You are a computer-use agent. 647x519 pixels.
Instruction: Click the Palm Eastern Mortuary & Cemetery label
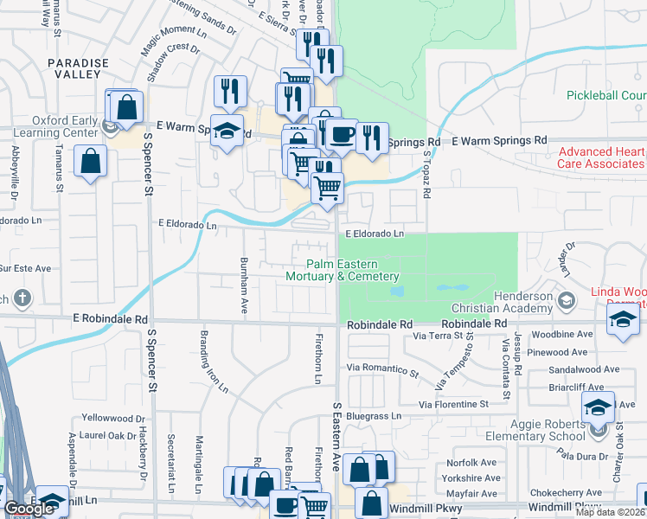pos(343,270)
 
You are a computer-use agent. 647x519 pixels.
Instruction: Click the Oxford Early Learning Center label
pos(54,126)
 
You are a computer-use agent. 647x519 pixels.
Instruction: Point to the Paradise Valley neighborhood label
pos(78,69)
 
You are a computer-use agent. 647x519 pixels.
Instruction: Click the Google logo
pos(29,509)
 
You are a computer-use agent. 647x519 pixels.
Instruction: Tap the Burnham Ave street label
pos(244,276)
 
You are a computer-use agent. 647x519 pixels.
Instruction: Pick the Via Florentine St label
pos(453,404)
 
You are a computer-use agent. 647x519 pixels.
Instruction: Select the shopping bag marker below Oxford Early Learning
pos(91,161)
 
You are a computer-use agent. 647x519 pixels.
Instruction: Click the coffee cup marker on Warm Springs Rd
pos(342,134)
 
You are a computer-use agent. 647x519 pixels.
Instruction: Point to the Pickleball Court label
pos(606,95)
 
